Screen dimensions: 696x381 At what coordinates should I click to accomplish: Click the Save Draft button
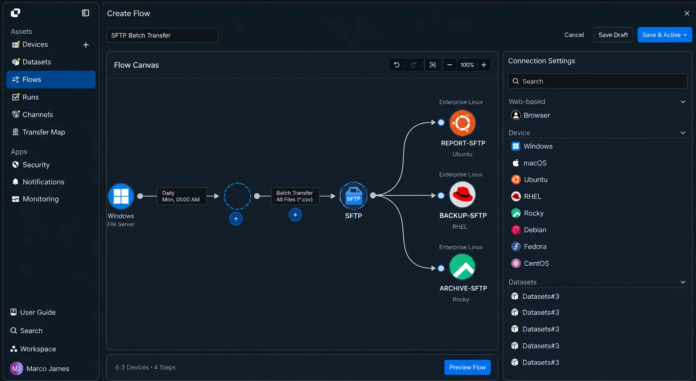click(x=613, y=35)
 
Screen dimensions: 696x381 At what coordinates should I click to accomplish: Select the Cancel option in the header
click(x=574, y=35)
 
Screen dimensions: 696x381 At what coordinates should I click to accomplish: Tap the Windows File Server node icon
click(x=121, y=196)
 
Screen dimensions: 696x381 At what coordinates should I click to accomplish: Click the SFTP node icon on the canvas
click(x=353, y=196)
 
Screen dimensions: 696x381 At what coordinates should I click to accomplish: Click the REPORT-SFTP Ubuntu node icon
click(x=462, y=123)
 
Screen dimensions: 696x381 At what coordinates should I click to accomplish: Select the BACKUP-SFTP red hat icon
click(x=462, y=195)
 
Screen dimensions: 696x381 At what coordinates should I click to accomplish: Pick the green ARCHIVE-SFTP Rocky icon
click(x=462, y=267)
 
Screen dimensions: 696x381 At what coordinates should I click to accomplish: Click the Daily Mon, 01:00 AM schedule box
click(x=181, y=196)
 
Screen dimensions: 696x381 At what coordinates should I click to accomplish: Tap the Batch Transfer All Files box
click(x=295, y=196)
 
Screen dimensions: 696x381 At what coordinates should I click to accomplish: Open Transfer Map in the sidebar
click(x=44, y=132)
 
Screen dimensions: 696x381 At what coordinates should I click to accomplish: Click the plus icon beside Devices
click(x=86, y=45)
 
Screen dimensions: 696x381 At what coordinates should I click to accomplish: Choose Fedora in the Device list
click(x=535, y=247)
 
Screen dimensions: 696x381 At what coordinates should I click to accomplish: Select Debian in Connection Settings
click(x=535, y=230)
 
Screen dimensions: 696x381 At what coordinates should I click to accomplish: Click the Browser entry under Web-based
click(x=536, y=115)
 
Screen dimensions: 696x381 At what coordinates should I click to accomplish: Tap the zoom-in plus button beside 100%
click(x=484, y=65)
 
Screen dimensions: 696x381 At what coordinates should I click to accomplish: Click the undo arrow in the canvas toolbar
click(x=397, y=65)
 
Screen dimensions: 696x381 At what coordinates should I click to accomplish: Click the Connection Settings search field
click(x=597, y=81)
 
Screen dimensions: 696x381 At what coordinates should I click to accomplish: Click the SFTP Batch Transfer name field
click(x=162, y=35)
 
